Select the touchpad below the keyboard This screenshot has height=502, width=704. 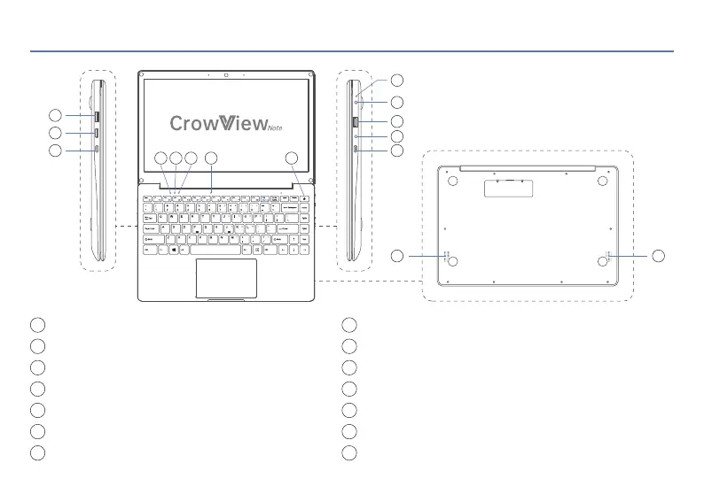tap(227, 277)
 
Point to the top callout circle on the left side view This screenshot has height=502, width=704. tap(55, 115)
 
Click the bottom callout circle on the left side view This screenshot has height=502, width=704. tap(55, 151)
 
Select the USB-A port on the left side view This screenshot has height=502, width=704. tap(96, 115)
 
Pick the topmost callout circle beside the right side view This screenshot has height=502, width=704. tap(397, 80)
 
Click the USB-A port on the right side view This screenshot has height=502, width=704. tap(356, 121)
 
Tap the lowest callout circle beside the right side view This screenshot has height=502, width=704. tap(397, 151)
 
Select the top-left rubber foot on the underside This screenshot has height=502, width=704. tap(452, 181)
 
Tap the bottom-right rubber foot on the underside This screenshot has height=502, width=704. tap(602, 262)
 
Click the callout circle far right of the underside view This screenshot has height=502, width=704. tap(658, 256)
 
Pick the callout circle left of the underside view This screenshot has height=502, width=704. tap(397, 256)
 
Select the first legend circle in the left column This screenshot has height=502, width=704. tap(36, 324)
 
